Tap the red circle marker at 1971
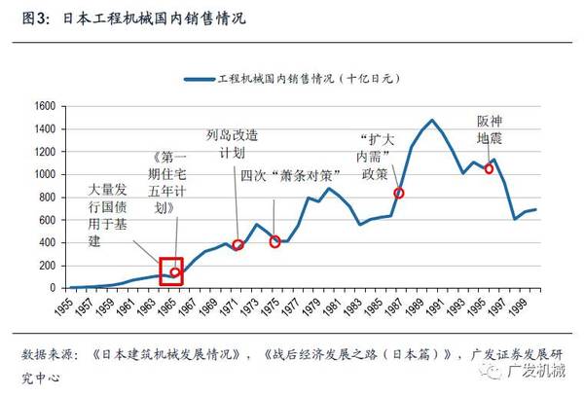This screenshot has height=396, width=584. pyautogui.click(x=237, y=244)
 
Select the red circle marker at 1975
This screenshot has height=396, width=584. pyautogui.click(x=275, y=241)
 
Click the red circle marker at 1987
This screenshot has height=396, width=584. pyautogui.click(x=399, y=193)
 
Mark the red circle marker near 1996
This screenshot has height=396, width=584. pyautogui.click(x=489, y=168)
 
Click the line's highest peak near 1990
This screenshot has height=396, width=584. pyautogui.click(x=430, y=121)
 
